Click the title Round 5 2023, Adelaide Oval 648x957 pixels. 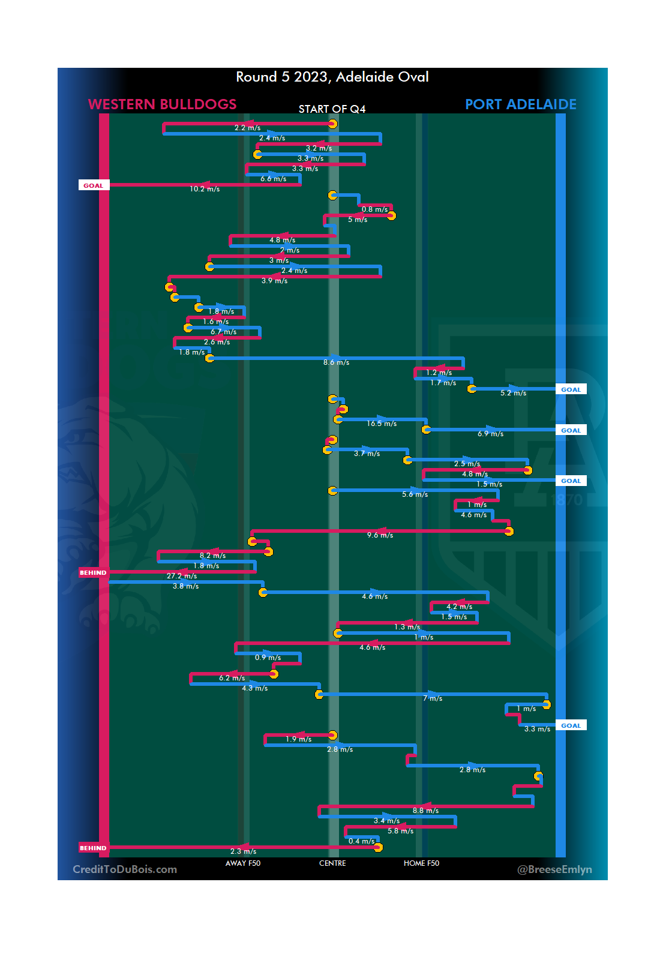(x=332, y=77)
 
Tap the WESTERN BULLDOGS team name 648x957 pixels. (x=162, y=104)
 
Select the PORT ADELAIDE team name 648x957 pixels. (x=520, y=104)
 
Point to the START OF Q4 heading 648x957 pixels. (x=332, y=109)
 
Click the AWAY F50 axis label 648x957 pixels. (x=243, y=863)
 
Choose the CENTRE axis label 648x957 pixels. (x=332, y=863)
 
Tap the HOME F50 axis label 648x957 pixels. (x=421, y=863)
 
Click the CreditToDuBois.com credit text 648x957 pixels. (x=125, y=869)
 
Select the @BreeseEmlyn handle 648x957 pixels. (x=554, y=869)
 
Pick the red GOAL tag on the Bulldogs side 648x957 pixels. (x=94, y=185)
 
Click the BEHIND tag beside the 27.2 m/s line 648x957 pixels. (x=93, y=572)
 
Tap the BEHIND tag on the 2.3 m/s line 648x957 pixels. (x=93, y=848)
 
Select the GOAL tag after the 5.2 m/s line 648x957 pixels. (x=571, y=389)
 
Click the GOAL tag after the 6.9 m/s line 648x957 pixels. (x=571, y=430)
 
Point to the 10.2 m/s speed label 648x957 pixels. (x=205, y=189)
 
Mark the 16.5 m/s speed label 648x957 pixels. (x=382, y=424)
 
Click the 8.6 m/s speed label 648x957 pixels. (x=336, y=362)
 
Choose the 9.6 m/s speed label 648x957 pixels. (x=380, y=535)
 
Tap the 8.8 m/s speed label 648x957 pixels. (x=425, y=811)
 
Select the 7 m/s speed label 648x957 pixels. (x=433, y=698)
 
